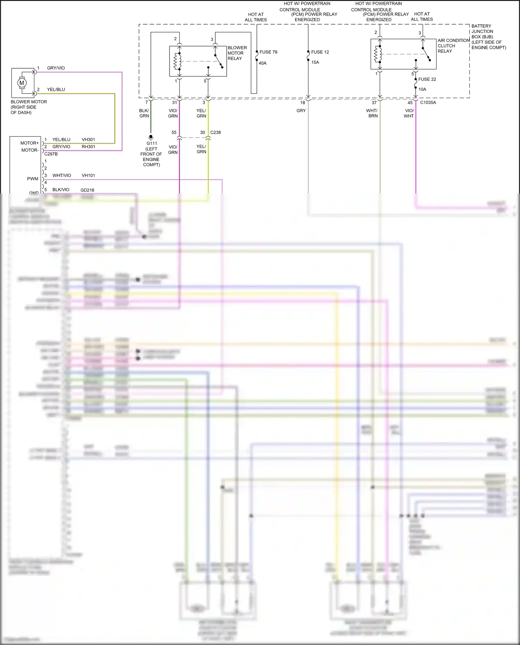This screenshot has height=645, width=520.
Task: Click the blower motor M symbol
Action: pyautogui.click(x=22, y=83)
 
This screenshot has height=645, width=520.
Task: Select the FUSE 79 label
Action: pyautogui.click(x=268, y=52)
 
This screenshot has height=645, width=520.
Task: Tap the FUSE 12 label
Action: pyautogui.click(x=320, y=52)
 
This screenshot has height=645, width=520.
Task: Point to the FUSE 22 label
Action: pyautogui.click(x=427, y=79)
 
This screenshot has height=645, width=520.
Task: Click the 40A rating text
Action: pyautogui.click(x=262, y=63)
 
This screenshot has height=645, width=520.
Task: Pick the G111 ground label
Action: pyautogui.click(x=151, y=143)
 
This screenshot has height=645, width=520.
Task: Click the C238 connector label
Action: pyautogui.click(x=215, y=132)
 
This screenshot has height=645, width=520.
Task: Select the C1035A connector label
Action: pyautogui.click(x=428, y=103)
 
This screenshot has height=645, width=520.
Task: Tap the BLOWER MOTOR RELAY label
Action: pyautogui.click(x=237, y=53)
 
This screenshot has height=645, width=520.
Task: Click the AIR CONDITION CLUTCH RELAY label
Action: pyautogui.click(x=453, y=46)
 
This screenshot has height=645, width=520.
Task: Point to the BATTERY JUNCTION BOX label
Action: pyautogui.click(x=488, y=37)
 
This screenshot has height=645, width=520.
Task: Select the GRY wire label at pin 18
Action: pyautogui.click(x=301, y=111)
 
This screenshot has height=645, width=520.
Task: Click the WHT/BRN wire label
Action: pyautogui.click(x=372, y=113)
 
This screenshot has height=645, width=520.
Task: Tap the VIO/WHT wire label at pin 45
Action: pyautogui.click(x=409, y=113)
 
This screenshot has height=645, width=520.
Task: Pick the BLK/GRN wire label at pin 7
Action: pyautogui.click(x=144, y=113)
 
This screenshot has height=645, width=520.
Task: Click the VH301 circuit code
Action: pyautogui.click(x=88, y=140)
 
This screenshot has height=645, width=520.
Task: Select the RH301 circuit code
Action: pyautogui.click(x=88, y=147)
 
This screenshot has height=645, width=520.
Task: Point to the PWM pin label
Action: pyautogui.click(x=33, y=179)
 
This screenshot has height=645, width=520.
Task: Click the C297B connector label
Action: pyautogui.click(x=51, y=154)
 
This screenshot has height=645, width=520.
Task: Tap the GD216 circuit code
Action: pyautogui.click(x=87, y=190)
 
